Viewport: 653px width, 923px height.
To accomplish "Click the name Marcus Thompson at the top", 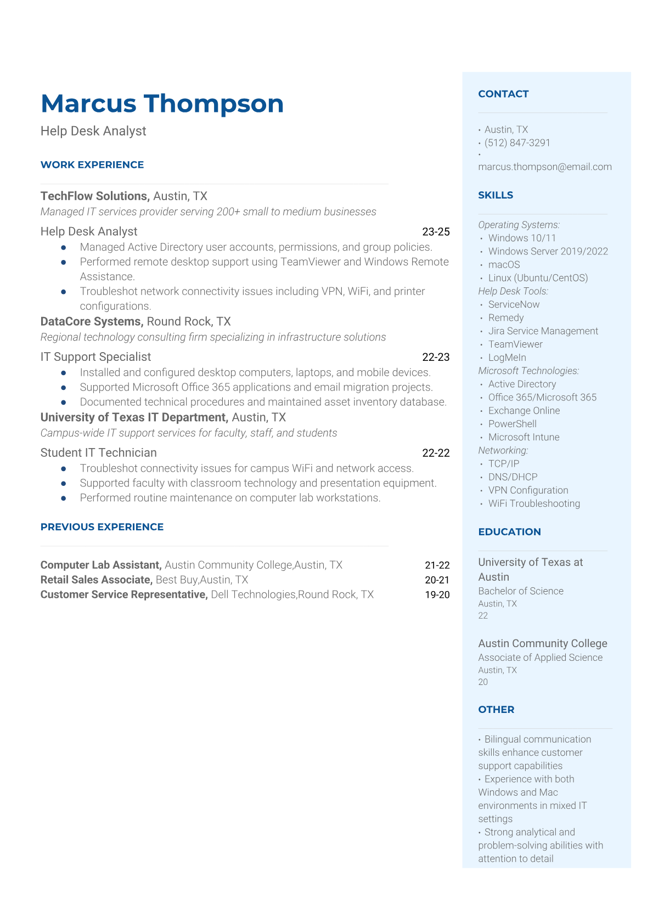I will tap(162, 104).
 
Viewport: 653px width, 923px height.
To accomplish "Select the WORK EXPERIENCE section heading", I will tap(92, 165).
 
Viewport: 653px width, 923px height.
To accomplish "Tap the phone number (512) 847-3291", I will tap(517, 143).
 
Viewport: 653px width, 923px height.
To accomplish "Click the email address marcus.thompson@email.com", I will tap(544, 167).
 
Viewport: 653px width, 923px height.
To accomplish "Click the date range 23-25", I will tap(436, 232).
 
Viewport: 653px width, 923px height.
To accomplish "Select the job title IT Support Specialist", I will tap(95, 357).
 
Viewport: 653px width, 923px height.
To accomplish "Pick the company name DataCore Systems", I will tap(92, 322).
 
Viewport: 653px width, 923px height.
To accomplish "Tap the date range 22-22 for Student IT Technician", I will tap(436, 453).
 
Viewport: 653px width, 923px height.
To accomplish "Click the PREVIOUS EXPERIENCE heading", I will tap(102, 526).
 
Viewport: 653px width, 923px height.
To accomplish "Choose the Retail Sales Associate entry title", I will tap(97, 580).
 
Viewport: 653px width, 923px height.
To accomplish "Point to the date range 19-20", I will tap(437, 594).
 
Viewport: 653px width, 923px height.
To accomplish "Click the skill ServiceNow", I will tap(514, 304).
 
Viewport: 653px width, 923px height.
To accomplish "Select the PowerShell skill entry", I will tap(512, 424).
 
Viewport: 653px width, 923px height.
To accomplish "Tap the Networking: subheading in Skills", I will tap(503, 450).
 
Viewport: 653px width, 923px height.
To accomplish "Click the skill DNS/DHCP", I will tap(513, 477).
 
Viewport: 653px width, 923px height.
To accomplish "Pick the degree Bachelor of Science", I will tap(520, 591).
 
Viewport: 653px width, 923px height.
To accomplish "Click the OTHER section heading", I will tap(496, 709).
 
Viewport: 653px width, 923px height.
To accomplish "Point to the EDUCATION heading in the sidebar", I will tap(509, 531).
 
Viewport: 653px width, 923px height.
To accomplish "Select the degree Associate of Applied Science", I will tap(540, 658).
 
